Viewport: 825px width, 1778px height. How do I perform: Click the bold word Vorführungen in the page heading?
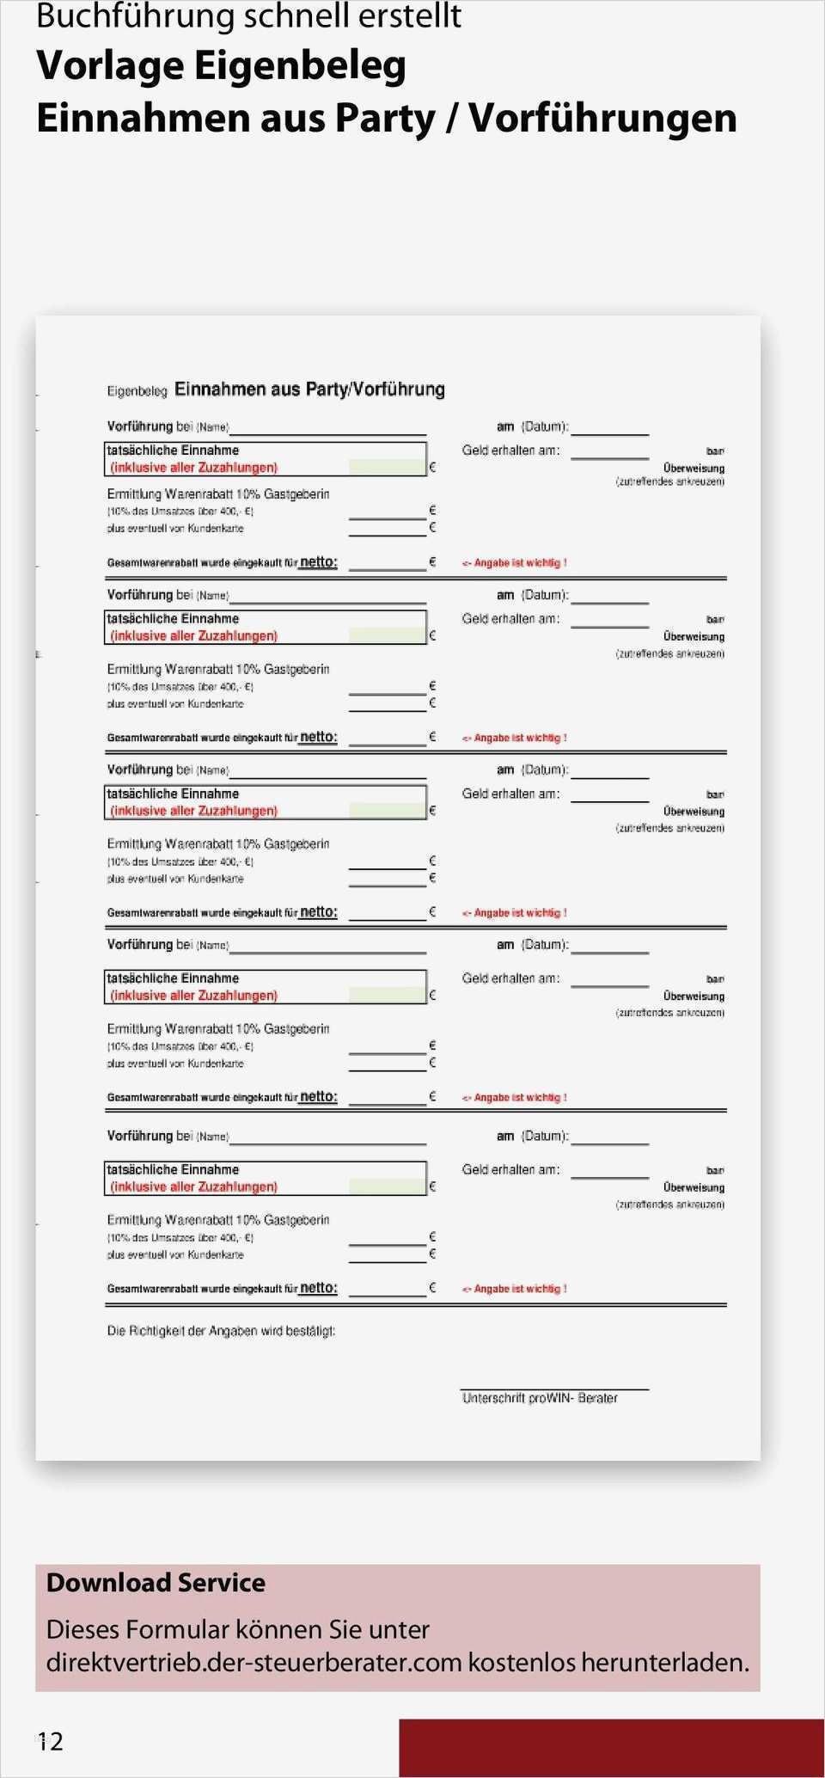pos(602,119)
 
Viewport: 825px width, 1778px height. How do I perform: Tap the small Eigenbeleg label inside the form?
pos(137,391)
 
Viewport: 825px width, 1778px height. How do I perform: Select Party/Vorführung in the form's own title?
pos(375,389)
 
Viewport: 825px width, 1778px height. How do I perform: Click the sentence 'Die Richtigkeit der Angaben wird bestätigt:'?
pos(221,1331)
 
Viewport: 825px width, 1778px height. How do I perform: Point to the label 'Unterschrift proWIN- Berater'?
pos(540,1398)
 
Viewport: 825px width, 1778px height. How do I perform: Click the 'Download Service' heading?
pos(156,1583)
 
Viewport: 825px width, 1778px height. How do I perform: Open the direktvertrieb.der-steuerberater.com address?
pos(254,1662)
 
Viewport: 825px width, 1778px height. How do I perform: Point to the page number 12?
pos(51,1742)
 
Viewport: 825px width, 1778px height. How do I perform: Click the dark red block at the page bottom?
pos(611,1748)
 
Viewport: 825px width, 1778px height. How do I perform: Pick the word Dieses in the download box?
pos(85,1629)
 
